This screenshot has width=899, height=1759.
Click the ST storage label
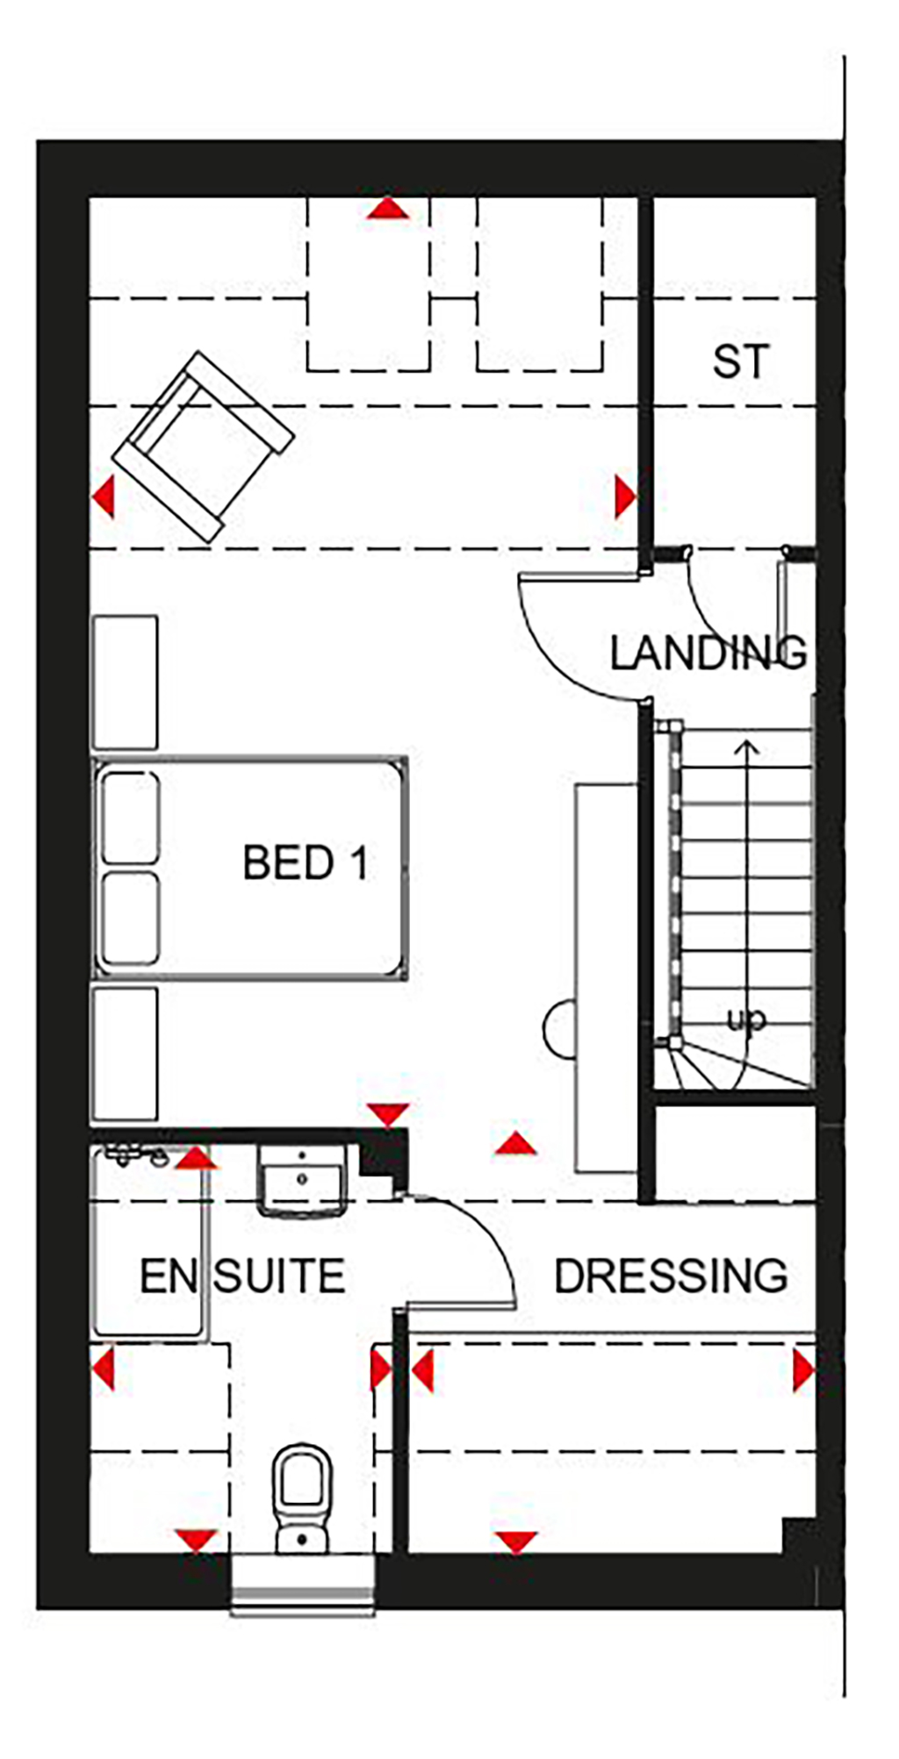pos(741,361)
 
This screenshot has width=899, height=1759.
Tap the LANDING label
pos(708,653)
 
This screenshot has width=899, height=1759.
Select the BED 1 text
pos(305,862)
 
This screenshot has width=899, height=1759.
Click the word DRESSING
pos(671,1276)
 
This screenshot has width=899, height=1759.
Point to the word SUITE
pos(279,1276)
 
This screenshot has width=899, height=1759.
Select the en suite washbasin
pos(302,1180)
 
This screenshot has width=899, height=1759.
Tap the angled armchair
pos(203,446)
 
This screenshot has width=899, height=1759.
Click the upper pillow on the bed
pos(131,818)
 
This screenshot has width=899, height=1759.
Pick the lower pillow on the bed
pos(131,919)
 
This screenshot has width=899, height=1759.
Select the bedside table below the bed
pos(125,1054)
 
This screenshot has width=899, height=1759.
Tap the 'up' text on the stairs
pos(746,1019)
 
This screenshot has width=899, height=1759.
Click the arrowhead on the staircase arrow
pos(747,747)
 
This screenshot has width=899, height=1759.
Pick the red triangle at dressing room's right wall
pos(803,1370)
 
